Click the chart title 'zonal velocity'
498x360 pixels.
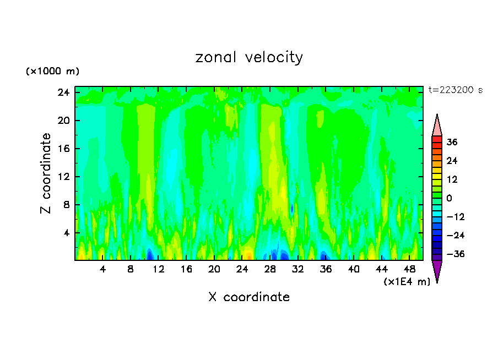(249, 57)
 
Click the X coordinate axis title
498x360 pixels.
(249, 297)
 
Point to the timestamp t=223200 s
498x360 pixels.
(455, 90)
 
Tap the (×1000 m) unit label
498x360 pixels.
(52, 72)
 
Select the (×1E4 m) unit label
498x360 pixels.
(407, 282)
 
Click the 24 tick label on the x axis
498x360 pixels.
(242, 269)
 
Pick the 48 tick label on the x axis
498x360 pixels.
(409, 269)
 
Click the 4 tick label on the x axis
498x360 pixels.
(102, 269)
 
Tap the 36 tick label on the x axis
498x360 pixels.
(326, 269)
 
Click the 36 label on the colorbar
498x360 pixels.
(452, 142)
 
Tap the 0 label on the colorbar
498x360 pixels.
(450, 198)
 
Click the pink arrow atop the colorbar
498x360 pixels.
(437, 126)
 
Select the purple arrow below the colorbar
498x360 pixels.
(437, 270)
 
